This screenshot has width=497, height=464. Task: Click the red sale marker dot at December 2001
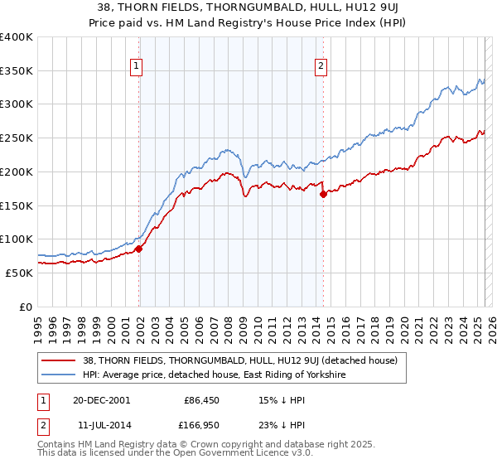pyautogui.click(x=139, y=248)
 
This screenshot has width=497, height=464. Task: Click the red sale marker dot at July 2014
pyautogui.click(x=323, y=194)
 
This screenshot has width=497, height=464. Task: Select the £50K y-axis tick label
pyautogui.click(x=18, y=273)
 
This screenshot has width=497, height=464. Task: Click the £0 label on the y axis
pyautogui.click(x=26, y=307)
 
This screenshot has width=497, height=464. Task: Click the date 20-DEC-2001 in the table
pyautogui.click(x=101, y=399)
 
